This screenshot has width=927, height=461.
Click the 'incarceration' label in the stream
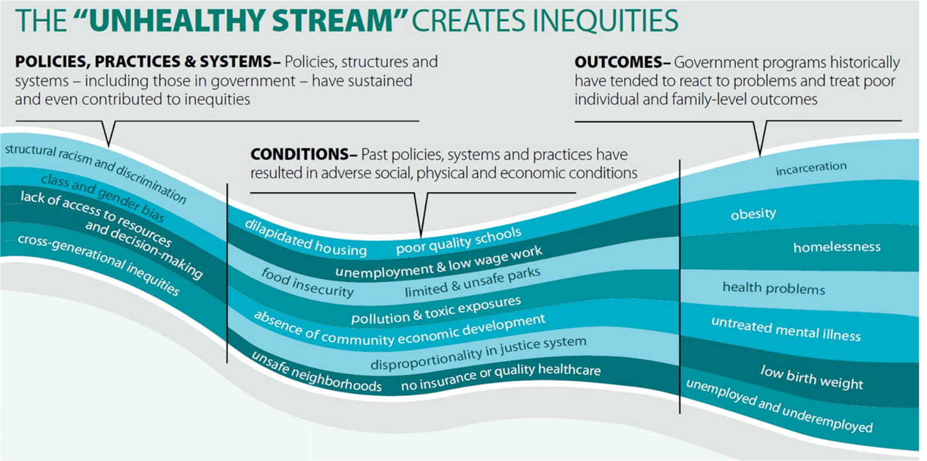click(x=811, y=168)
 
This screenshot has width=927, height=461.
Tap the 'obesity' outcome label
click(x=753, y=214)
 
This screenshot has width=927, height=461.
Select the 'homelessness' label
click(x=837, y=247)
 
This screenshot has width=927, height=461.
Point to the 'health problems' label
click(x=774, y=288)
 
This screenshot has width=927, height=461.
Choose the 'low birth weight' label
click(x=812, y=377)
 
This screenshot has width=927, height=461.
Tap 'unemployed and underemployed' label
click(x=779, y=405)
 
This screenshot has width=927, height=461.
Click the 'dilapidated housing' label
click(x=305, y=238)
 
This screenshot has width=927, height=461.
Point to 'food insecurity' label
click(x=307, y=283)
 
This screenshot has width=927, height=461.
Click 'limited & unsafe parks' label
click(x=472, y=282)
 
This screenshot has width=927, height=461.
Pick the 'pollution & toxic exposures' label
click(x=436, y=310)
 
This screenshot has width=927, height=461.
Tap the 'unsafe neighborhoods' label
click(x=316, y=372)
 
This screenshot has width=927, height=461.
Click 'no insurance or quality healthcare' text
click(x=501, y=377)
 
